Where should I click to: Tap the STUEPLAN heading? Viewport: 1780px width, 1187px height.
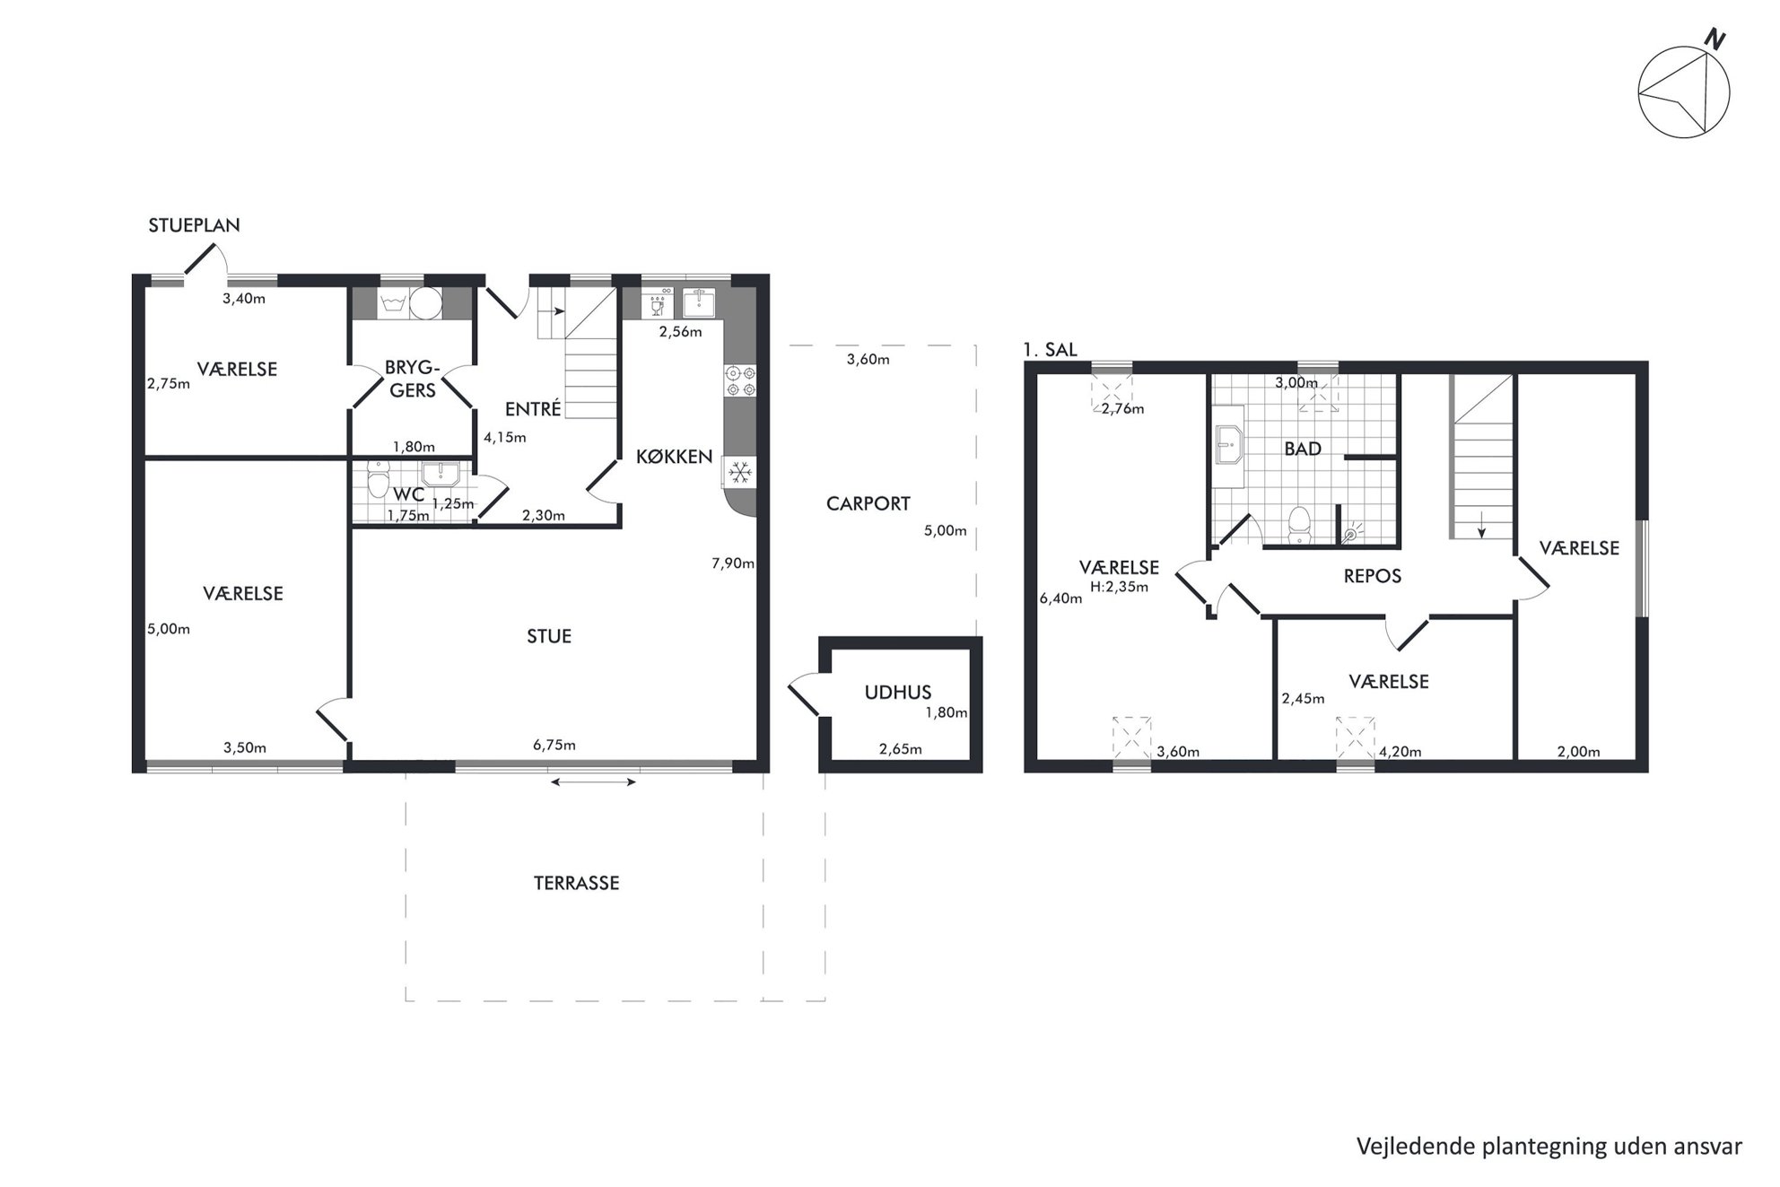[194, 225]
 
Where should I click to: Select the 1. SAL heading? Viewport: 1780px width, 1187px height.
[1050, 350]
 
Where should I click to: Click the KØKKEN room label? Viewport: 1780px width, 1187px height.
[674, 457]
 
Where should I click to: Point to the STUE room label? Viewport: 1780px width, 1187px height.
[549, 636]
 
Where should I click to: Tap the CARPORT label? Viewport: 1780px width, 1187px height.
[868, 504]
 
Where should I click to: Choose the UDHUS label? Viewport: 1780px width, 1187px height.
[898, 693]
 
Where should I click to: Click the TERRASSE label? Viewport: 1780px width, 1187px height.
[577, 883]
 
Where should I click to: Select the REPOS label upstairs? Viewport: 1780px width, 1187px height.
[1372, 576]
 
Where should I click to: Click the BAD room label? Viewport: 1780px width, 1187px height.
[1303, 449]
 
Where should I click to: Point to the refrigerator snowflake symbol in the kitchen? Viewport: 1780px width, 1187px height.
[740, 472]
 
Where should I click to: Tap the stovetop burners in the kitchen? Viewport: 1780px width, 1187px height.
[741, 380]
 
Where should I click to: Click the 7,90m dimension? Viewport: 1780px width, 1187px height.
[733, 563]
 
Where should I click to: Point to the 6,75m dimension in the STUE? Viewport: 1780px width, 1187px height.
[554, 745]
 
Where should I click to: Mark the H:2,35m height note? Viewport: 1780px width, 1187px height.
[1119, 588]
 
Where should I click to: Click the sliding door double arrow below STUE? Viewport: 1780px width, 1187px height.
[593, 782]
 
